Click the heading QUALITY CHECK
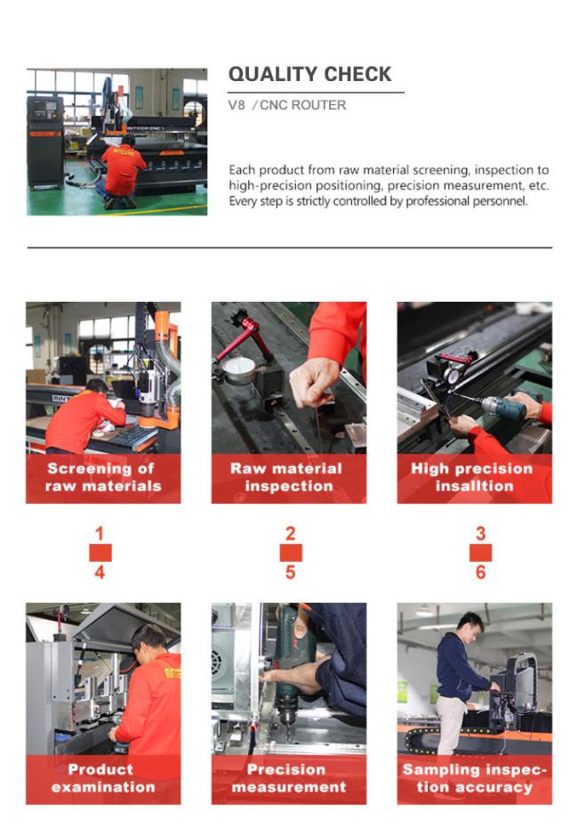click(x=309, y=74)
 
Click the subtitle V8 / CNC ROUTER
click(x=287, y=105)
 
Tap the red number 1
click(x=100, y=533)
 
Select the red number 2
click(x=290, y=533)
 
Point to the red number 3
click(x=481, y=533)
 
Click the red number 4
click(x=100, y=572)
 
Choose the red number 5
click(x=290, y=572)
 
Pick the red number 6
click(x=481, y=572)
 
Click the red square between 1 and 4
click(x=100, y=553)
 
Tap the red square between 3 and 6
click(x=481, y=553)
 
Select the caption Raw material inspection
click(x=287, y=477)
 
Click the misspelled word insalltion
click(x=474, y=486)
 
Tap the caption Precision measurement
click(x=289, y=778)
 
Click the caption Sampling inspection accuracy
click(x=474, y=778)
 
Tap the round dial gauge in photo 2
click(x=238, y=370)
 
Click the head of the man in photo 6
click(x=470, y=624)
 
